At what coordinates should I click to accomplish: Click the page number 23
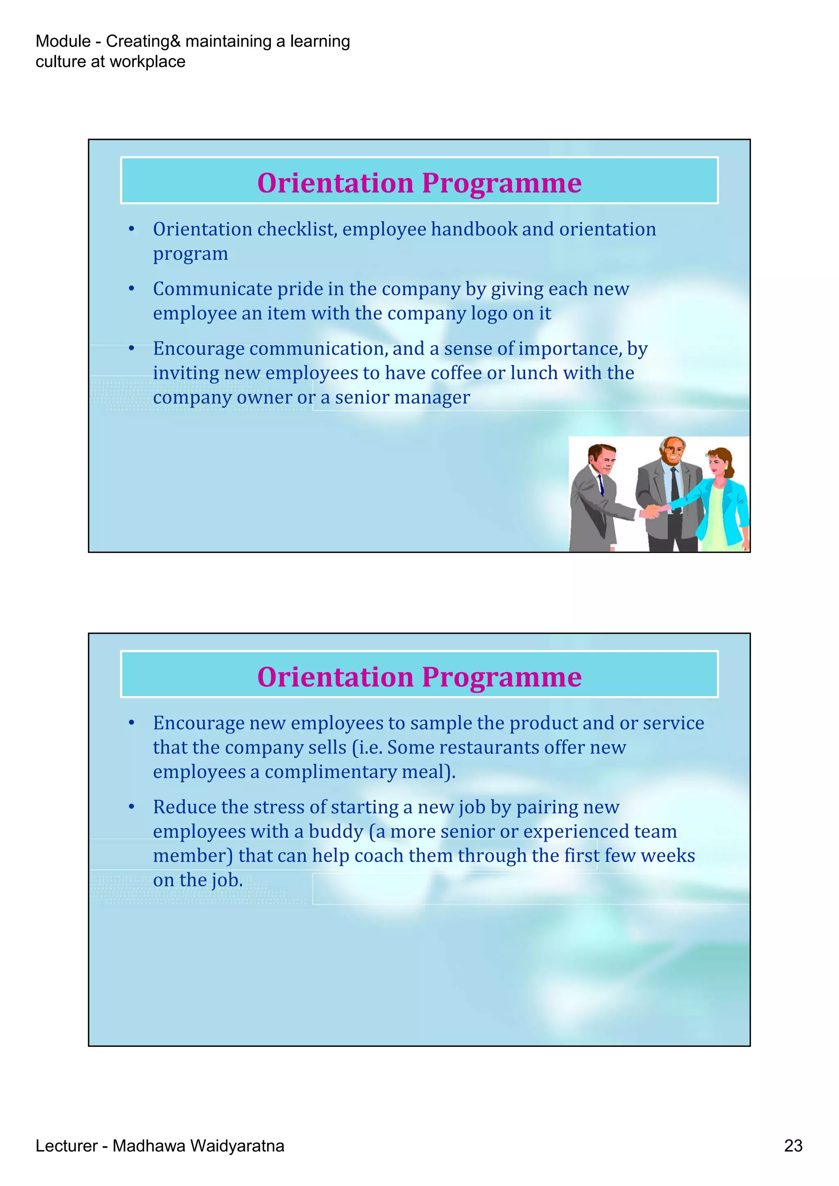tap(793, 1146)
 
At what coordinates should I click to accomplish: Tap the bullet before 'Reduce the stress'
tap(132, 807)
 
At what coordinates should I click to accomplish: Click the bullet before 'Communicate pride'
tap(132, 289)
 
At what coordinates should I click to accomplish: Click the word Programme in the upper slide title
tap(502, 183)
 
